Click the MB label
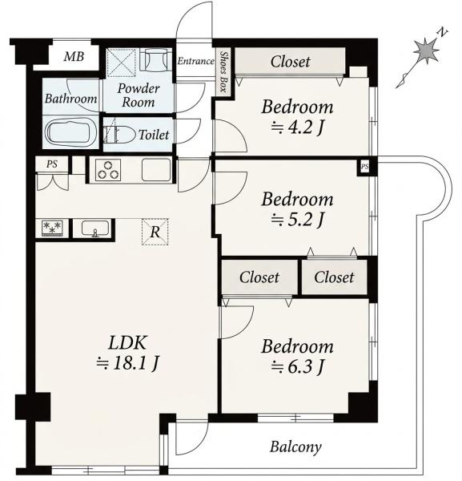74,57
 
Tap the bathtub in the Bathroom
70,133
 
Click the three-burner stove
108,170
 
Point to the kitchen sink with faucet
95,228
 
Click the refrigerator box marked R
155,232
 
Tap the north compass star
426,51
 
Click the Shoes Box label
224,72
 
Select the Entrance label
195,61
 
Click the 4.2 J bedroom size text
297,127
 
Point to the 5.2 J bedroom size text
297,219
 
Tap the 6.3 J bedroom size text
297,366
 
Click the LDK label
128,342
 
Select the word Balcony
295,447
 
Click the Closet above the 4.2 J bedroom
290,62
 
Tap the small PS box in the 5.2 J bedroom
364,168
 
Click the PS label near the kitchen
52,164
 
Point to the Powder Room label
139,95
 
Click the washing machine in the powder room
155,60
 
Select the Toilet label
154,135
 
